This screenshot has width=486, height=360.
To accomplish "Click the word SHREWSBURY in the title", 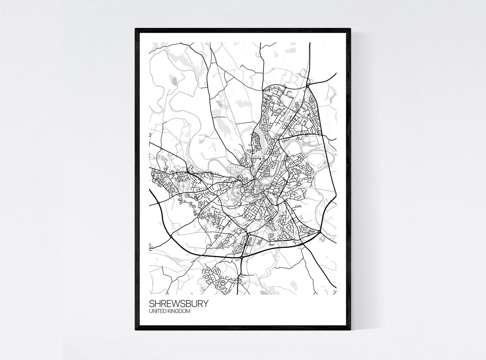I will click(179, 304).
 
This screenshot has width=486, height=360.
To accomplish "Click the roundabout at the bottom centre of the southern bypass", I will click(242, 258).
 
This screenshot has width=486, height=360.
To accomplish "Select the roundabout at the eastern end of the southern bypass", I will click(320, 232).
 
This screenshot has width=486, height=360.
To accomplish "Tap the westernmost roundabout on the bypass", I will click(159, 203).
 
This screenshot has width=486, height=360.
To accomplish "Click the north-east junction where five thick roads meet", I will click(308, 87).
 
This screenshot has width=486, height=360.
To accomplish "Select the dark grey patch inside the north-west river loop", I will click(174, 81).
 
